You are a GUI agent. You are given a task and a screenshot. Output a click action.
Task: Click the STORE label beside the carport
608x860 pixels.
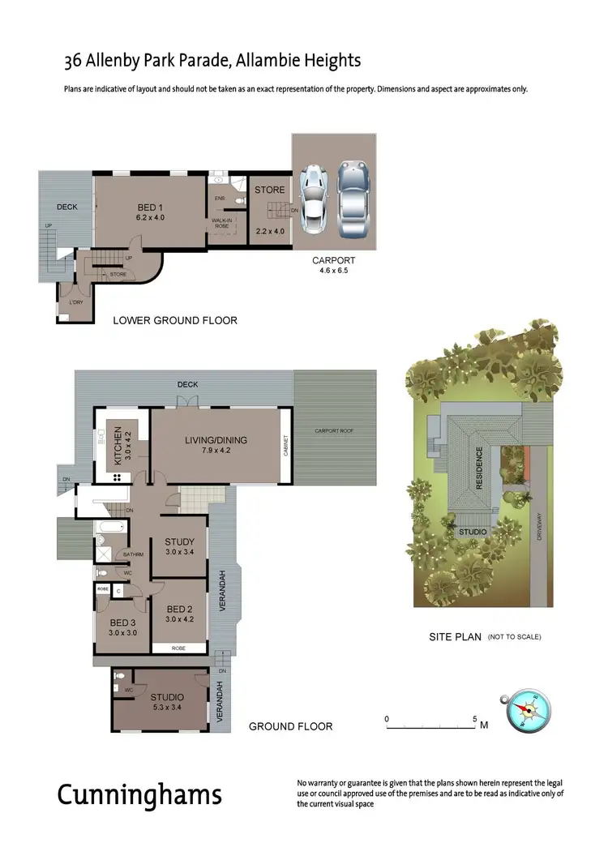[270, 190]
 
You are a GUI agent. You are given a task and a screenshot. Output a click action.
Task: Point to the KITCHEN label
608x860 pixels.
[117, 444]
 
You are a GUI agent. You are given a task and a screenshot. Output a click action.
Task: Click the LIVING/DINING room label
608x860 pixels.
[216, 440]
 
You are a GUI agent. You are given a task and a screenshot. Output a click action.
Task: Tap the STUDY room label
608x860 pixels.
[179, 542]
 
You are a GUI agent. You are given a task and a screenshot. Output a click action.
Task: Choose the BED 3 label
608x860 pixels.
[122, 623]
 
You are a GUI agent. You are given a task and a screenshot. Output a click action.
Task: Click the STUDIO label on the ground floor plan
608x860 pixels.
[167, 696]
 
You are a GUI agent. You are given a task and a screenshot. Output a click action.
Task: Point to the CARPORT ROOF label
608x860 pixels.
[334, 430]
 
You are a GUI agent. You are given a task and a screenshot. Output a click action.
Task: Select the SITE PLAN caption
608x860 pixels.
[456, 637]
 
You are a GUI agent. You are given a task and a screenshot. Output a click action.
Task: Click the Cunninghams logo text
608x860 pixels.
[139, 794]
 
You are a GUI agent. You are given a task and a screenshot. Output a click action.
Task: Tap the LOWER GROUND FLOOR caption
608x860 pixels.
[175, 320]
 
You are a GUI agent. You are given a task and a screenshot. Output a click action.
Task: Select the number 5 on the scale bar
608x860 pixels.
[474, 718]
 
